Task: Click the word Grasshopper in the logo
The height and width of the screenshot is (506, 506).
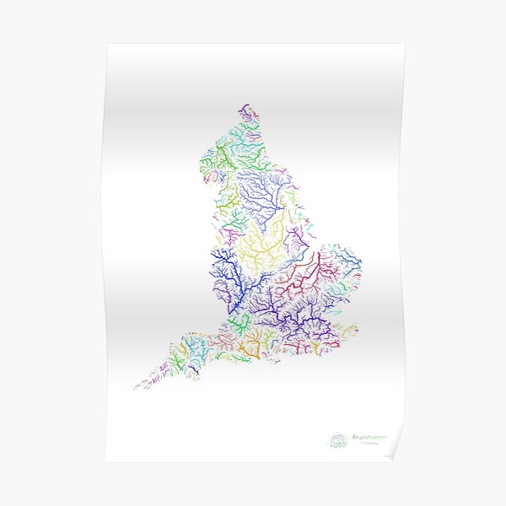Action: click(x=365, y=438)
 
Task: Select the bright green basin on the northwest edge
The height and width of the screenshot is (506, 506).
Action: click(x=221, y=156)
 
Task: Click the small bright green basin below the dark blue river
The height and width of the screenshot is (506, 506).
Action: click(x=240, y=321)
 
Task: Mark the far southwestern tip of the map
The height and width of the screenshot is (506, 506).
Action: click(x=135, y=388)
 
